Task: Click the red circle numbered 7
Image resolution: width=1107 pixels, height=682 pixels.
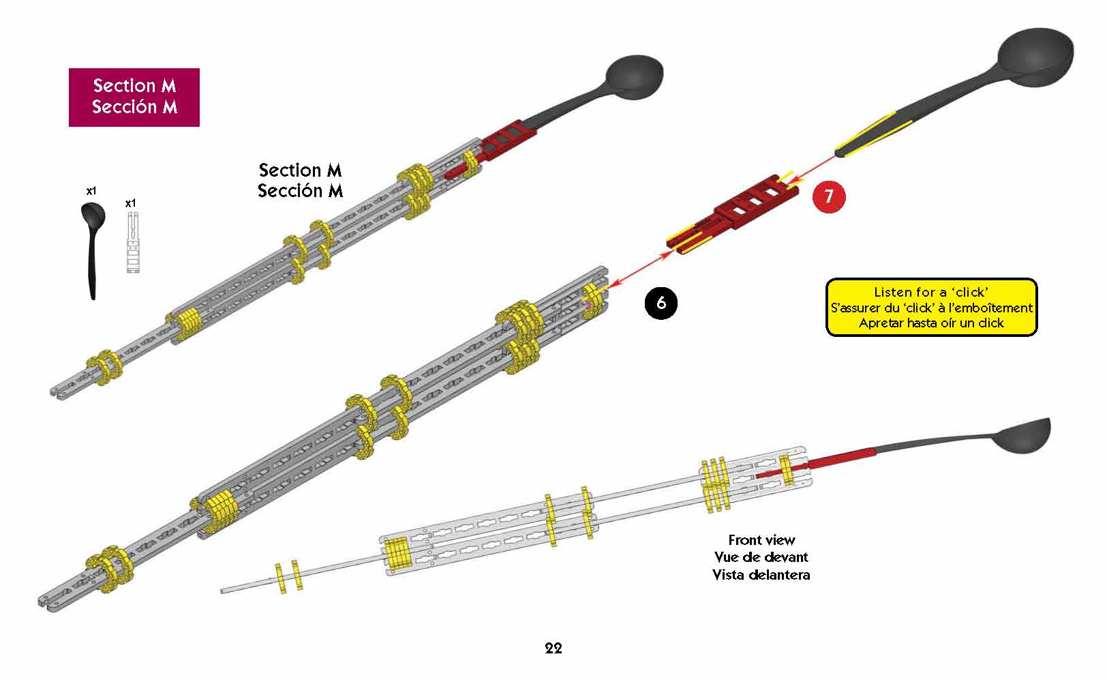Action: tap(828, 197)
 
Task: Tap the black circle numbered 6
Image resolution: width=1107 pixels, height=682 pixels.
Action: tap(661, 302)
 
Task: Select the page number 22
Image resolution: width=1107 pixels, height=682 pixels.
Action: tap(553, 648)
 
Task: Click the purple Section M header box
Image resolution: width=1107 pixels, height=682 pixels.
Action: tap(134, 97)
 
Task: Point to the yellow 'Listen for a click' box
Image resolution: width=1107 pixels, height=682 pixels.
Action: tap(931, 307)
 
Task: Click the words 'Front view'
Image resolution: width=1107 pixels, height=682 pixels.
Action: tap(761, 540)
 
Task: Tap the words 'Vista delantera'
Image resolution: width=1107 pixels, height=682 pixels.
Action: tap(761, 575)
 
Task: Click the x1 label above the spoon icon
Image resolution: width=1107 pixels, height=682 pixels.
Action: tap(91, 192)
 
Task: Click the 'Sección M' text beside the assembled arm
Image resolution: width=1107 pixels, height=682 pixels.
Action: tap(300, 191)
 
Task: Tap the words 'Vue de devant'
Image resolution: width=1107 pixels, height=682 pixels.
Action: tap(761, 557)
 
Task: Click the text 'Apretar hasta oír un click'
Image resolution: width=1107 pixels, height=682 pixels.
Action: tap(931, 323)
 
